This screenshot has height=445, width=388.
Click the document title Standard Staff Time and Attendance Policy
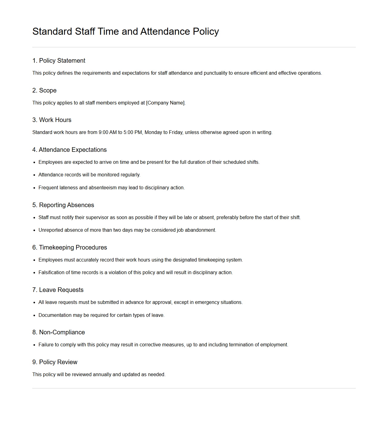(126, 31)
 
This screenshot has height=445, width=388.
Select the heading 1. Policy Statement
(59, 61)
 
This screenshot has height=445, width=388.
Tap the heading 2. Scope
(45, 90)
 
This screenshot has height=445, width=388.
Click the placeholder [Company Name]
(165, 103)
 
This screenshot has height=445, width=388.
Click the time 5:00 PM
(133, 132)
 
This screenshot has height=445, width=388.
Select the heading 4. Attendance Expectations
(70, 150)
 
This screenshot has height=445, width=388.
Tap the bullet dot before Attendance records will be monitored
(34, 175)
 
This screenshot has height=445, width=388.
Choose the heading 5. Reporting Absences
(63, 205)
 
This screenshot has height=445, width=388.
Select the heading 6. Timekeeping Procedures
(70, 247)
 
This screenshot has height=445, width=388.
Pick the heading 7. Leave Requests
(58, 290)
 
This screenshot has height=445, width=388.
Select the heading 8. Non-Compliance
(59, 332)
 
